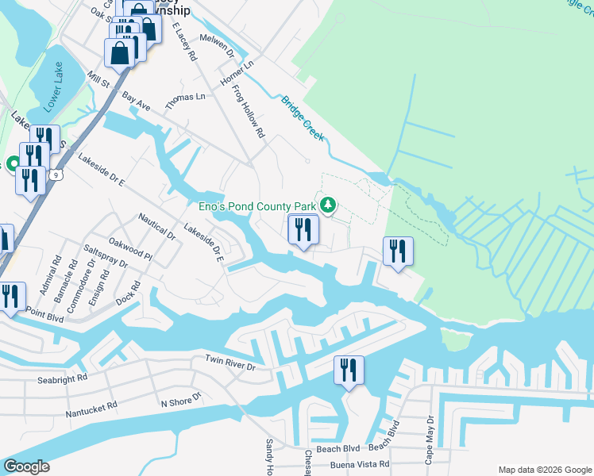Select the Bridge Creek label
coord(303,119)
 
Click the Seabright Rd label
coord(63,379)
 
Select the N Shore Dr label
coord(181,402)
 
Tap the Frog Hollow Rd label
coord(248,113)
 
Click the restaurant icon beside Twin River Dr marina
coord(349,370)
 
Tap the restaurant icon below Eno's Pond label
coord(303,230)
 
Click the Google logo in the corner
coord(27,466)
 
